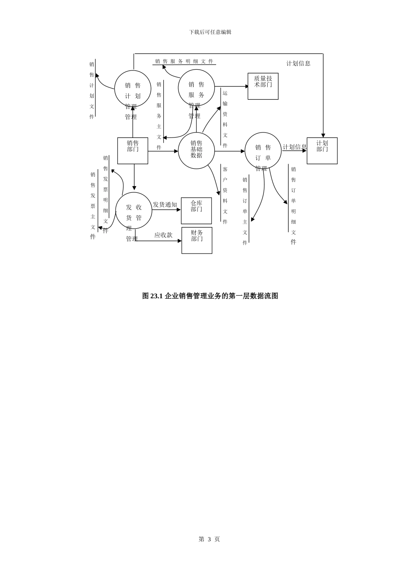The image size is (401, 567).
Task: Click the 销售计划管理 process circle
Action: pyautogui.click(x=133, y=89)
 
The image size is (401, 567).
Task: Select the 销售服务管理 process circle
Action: pyautogui.click(x=196, y=88)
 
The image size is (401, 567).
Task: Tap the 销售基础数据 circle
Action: pyautogui.click(x=196, y=151)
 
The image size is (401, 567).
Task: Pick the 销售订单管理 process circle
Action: pyautogui.click(x=263, y=151)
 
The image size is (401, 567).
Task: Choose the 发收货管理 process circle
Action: pyautogui.click(x=134, y=211)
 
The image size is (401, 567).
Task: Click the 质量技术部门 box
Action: pyautogui.click(x=263, y=86)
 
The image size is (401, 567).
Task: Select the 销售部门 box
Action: pyautogui.click(x=133, y=151)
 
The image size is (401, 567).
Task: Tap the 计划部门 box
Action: pyautogui.click(x=322, y=151)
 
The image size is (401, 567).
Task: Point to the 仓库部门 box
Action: pyautogui.click(x=196, y=211)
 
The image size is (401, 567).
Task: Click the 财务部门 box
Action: pyautogui.click(x=197, y=240)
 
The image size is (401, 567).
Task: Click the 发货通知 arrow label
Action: pyautogui.click(x=165, y=205)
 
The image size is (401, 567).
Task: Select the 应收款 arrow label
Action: pyautogui.click(x=163, y=235)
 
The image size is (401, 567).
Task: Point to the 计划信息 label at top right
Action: pyautogui.click(x=298, y=63)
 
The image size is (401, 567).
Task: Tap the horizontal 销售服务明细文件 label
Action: pyautogui.click(x=184, y=61)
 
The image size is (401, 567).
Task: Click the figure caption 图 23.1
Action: pyautogui.click(x=210, y=296)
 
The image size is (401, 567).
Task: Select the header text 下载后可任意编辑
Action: pyautogui.click(x=210, y=32)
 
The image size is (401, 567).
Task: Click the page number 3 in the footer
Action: pyautogui.click(x=209, y=539)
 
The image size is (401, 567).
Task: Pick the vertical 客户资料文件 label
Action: pyautogui.click(x=225, y=195)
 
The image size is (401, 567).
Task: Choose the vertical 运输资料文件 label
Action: pyautogui.click(x=225, y=119)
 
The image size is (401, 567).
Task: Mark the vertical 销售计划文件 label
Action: pyautogui.click(x=92, y=90)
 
